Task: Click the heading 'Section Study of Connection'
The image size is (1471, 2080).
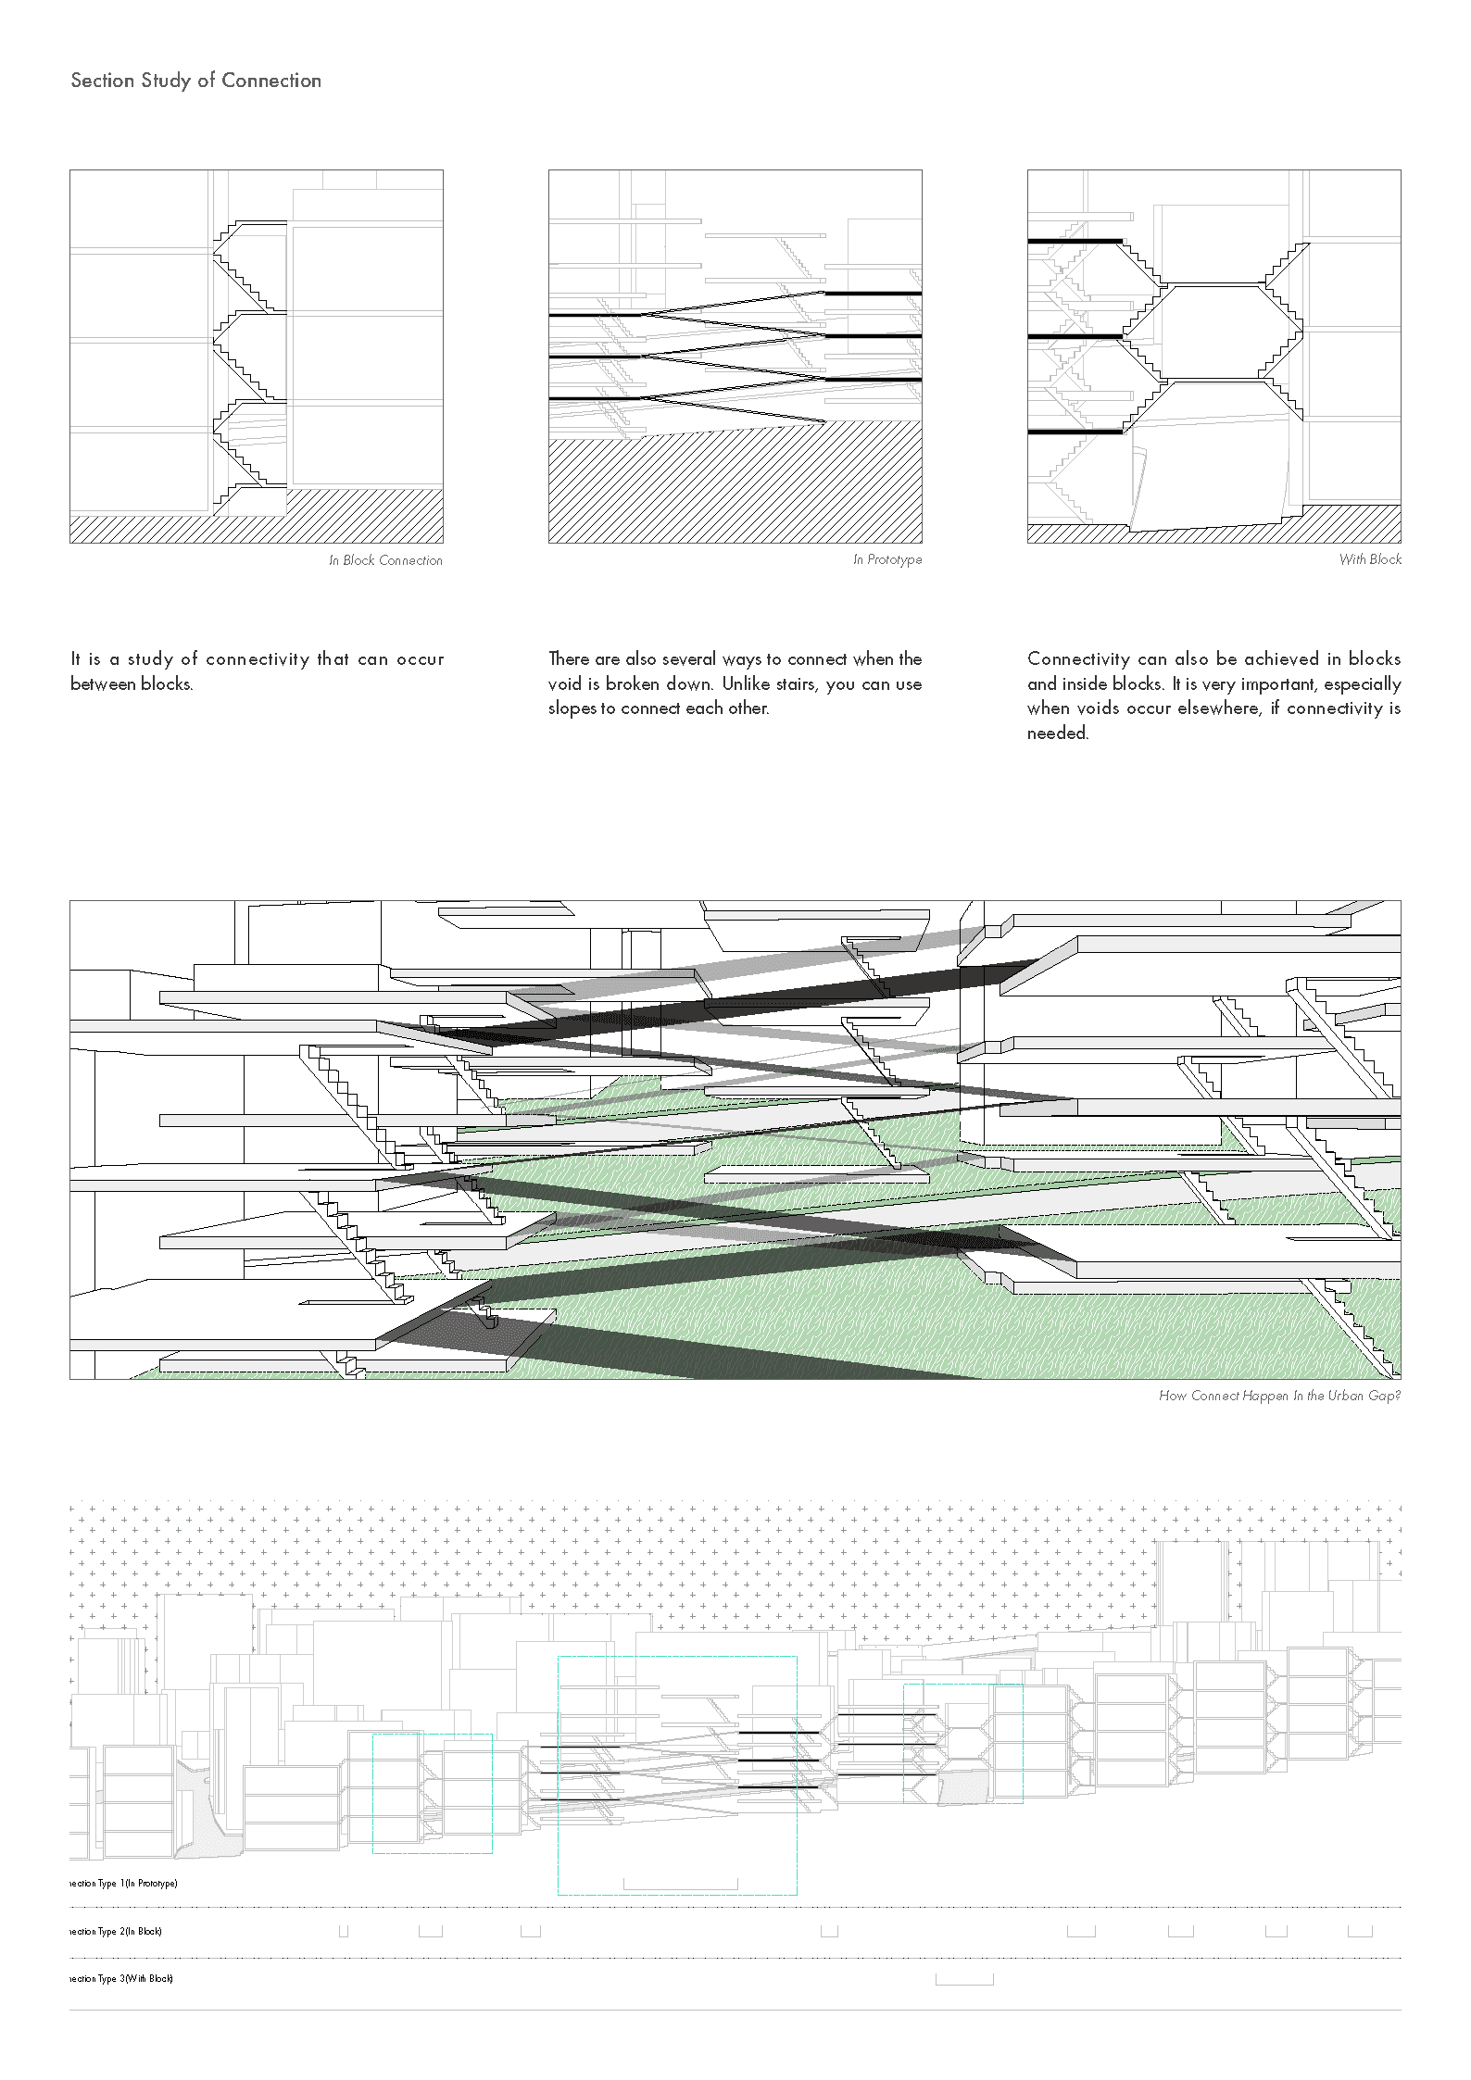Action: [195, 81]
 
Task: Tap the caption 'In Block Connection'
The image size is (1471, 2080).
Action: [385, 560]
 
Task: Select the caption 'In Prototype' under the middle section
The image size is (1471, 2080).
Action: [887, 560]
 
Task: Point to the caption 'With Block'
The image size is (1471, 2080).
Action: [1370, 559]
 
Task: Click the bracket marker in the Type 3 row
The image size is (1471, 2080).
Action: [964, 1980]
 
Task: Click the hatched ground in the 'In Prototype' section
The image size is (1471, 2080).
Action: [735, 491]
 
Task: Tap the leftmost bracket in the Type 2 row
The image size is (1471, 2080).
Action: [343, 1932]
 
